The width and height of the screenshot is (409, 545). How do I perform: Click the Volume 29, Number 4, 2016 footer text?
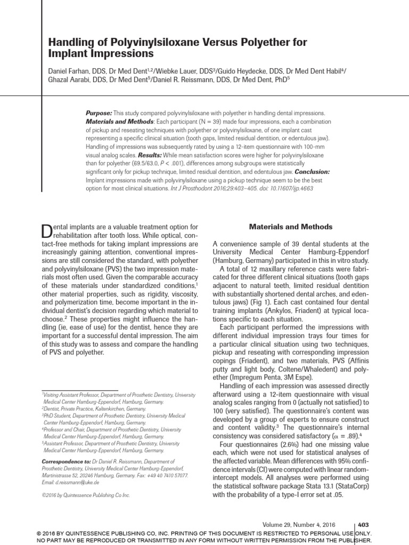click(300, 524)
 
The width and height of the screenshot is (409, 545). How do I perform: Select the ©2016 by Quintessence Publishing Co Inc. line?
click(85, 495)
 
